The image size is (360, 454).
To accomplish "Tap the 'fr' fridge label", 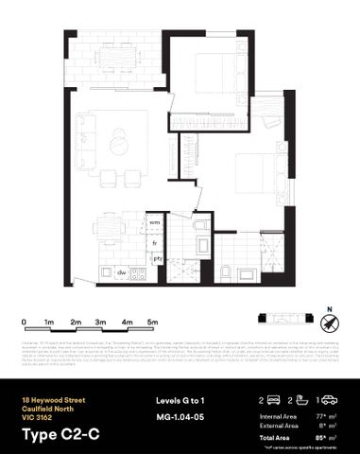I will [x=155, y=243].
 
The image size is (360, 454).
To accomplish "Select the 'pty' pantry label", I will [x=158, y=257].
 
